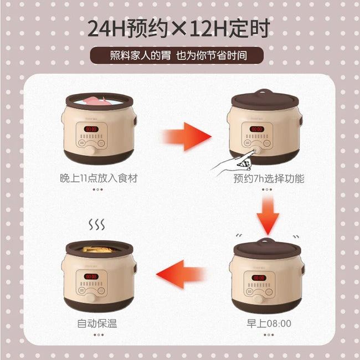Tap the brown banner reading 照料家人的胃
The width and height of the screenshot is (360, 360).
click(x=179, y=55)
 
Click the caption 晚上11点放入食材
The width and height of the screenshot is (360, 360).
click(x=98, y=178)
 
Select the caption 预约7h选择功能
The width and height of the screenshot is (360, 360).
click(x=269, y=179)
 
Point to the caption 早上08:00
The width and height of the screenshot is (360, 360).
click(x=269, y=323)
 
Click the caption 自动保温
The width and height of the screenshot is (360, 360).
click(x=97, y=323)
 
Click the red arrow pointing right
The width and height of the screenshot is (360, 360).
click(x=186, y=135)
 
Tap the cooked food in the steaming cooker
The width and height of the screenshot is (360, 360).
click(x=97, y=250)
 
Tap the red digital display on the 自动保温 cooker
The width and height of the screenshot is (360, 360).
click(x=91, y=275)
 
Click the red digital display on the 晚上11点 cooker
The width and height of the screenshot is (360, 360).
click(x=91, y=128)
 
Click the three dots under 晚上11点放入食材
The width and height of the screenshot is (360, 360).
click(x=97, y=189)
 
